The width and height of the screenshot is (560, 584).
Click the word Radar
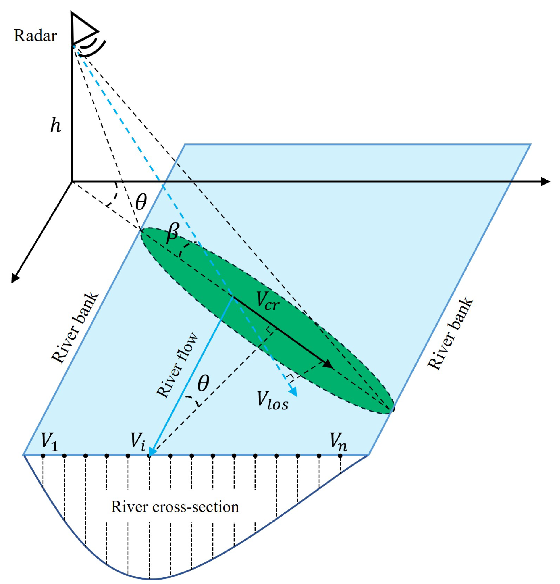click(35, 36)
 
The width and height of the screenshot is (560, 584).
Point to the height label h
click(55, 125)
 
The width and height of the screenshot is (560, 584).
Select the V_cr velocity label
click(267, 301)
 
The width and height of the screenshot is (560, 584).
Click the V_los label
click(272, 400)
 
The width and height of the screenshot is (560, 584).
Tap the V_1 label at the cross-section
click(49, 441)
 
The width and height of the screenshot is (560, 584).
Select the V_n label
click(338, 441)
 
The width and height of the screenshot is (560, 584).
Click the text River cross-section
click(175, 507)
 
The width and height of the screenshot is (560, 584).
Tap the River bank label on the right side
click(450, 334)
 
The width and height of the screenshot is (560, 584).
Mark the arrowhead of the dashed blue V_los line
click(294, 392)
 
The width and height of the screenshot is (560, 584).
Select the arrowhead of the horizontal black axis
click(545, 181)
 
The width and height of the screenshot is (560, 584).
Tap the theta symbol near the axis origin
click(141, 202)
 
